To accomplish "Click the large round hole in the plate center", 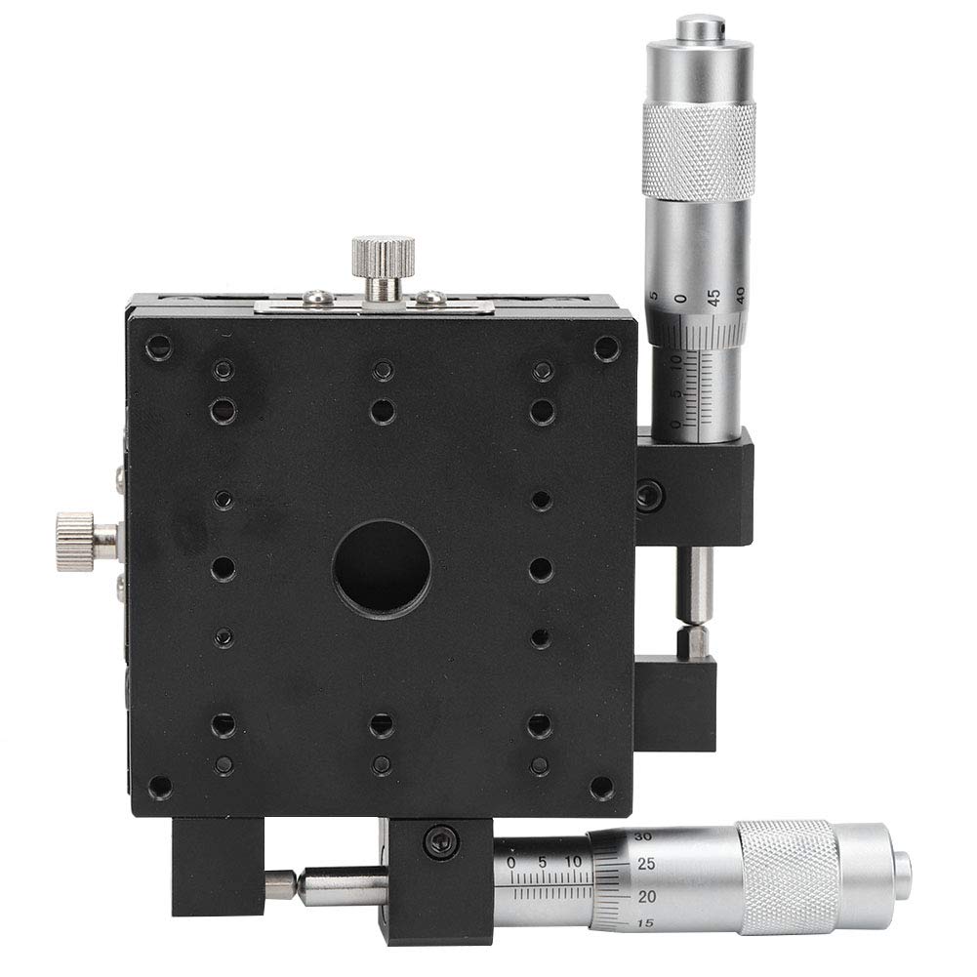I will (382, 566).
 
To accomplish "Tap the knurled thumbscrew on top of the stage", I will (384, 257).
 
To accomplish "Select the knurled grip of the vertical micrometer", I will (698, 152).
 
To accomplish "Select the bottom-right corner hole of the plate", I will (605, 787).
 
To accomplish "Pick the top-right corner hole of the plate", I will (607, 346).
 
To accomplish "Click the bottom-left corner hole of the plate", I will (158, 787).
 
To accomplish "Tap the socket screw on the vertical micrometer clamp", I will (647, 496).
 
